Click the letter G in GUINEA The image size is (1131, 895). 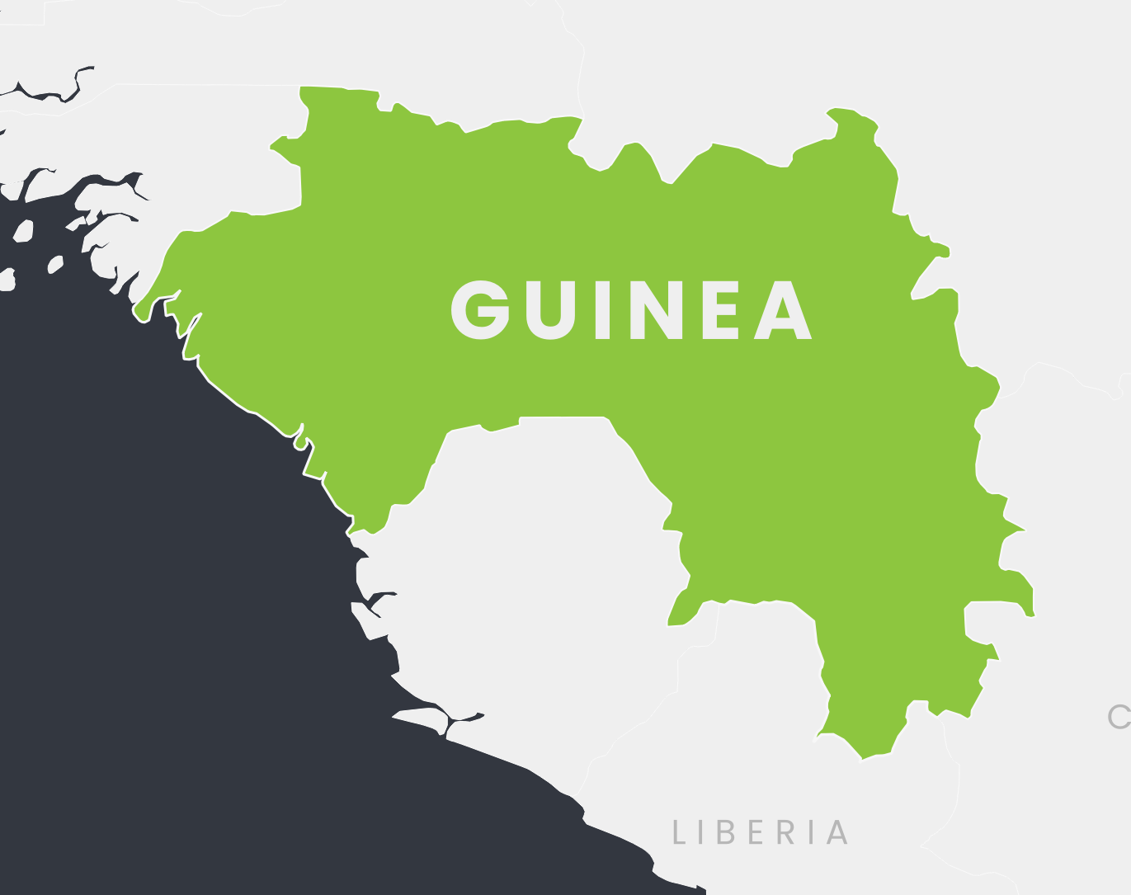[479, 310]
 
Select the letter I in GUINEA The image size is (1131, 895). [602, 311]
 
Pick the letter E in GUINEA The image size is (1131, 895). [720, 311]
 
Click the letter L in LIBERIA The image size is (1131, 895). [679, 832]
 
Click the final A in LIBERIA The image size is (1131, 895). [836, 832]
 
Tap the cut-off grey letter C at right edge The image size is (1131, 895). [1119, 717]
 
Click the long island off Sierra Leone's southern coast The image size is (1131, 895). [421, 718]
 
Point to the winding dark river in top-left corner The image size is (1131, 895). [49, 95]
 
